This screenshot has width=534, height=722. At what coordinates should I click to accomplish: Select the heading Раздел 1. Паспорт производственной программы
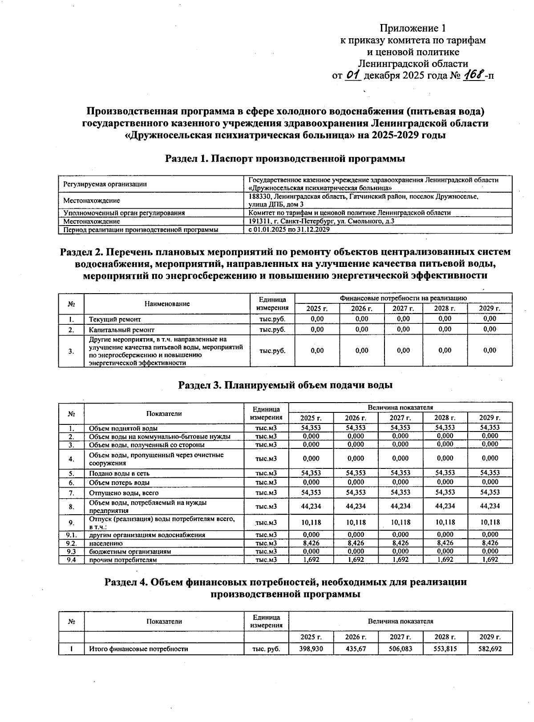(x=285, y=158)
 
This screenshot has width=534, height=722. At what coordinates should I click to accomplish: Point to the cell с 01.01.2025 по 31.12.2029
(x=289, y=230)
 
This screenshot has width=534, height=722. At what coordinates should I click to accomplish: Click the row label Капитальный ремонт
(x=121, y=330)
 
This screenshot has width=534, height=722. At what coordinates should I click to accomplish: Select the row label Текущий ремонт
(x=114, y=319)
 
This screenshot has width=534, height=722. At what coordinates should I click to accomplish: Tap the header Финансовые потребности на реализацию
(x=403, y=298)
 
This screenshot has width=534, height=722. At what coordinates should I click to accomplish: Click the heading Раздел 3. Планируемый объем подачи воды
(x=285, y=385)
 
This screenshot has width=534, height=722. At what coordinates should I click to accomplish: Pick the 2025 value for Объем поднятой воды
(x=311, y=428)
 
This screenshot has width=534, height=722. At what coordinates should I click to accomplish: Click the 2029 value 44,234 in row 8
(x=489, y=506)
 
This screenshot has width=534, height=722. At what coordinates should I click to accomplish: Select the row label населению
(x=105, y=543)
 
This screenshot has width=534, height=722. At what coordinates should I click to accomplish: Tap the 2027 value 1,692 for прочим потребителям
(x=400, y=560)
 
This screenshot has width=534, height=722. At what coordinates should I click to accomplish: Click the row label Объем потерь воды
(x=119, y=483)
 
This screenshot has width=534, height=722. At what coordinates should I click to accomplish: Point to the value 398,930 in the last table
(x=311, y=649)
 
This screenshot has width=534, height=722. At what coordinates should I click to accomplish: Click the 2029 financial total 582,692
(x=489, y=649)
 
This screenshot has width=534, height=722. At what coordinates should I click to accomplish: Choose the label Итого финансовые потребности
(x=138, y=649)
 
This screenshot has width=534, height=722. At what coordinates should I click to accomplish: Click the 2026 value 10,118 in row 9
(x=356, y=522)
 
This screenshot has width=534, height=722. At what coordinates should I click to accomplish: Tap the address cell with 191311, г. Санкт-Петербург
(x=321, y=221)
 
